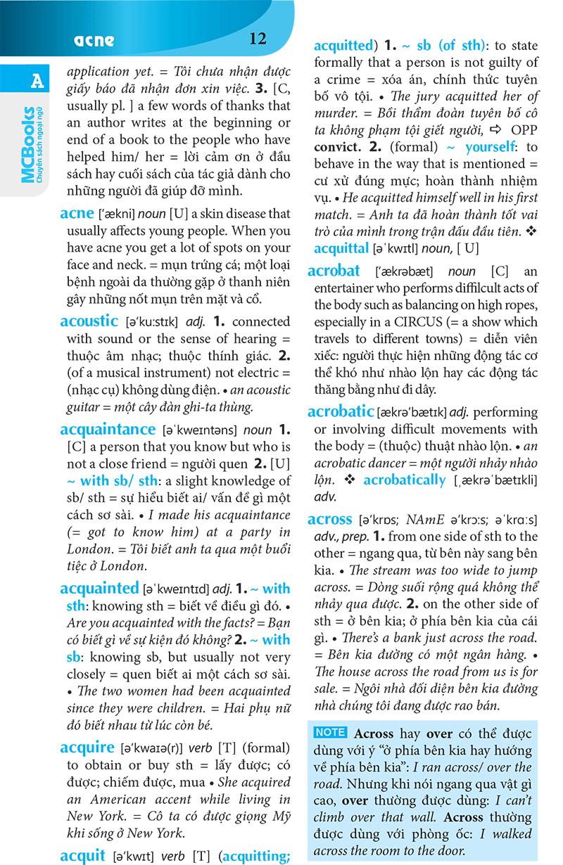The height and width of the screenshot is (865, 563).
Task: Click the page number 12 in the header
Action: pyautogui.click(x=258, y=39)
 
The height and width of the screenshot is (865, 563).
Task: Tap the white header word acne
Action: pyautogui.click(x=94, y=40)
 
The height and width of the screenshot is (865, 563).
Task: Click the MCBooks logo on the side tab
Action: pyautogui.click(x=30, y=145)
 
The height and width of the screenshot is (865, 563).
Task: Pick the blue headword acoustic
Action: pyautogui.click(x=89, y=321)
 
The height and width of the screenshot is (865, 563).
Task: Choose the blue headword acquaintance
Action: pyautogui.click(x=108, y=429)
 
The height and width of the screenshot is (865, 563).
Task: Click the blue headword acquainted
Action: pyautogui.click(x=99, y=588)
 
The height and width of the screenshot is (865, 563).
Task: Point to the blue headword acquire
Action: pyautogui.click(x=87, y=747)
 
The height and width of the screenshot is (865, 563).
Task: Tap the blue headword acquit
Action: pyautogui.click(x=83, y=855)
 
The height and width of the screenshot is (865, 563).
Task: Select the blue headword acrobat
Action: pyautogui.click(x=334, y=271)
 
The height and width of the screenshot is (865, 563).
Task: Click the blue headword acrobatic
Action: pyautogui.click(x=340, y=411)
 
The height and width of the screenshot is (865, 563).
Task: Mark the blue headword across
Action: pyautogui.click(x=329, y=520)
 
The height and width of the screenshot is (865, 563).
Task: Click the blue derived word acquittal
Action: pyautogui.click(x=341, y=248)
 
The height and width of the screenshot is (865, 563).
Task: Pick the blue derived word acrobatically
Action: pyautogui.click(x=405, y=480)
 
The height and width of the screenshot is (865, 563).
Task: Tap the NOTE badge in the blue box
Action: pyautogui.click(x=329, y=732)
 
